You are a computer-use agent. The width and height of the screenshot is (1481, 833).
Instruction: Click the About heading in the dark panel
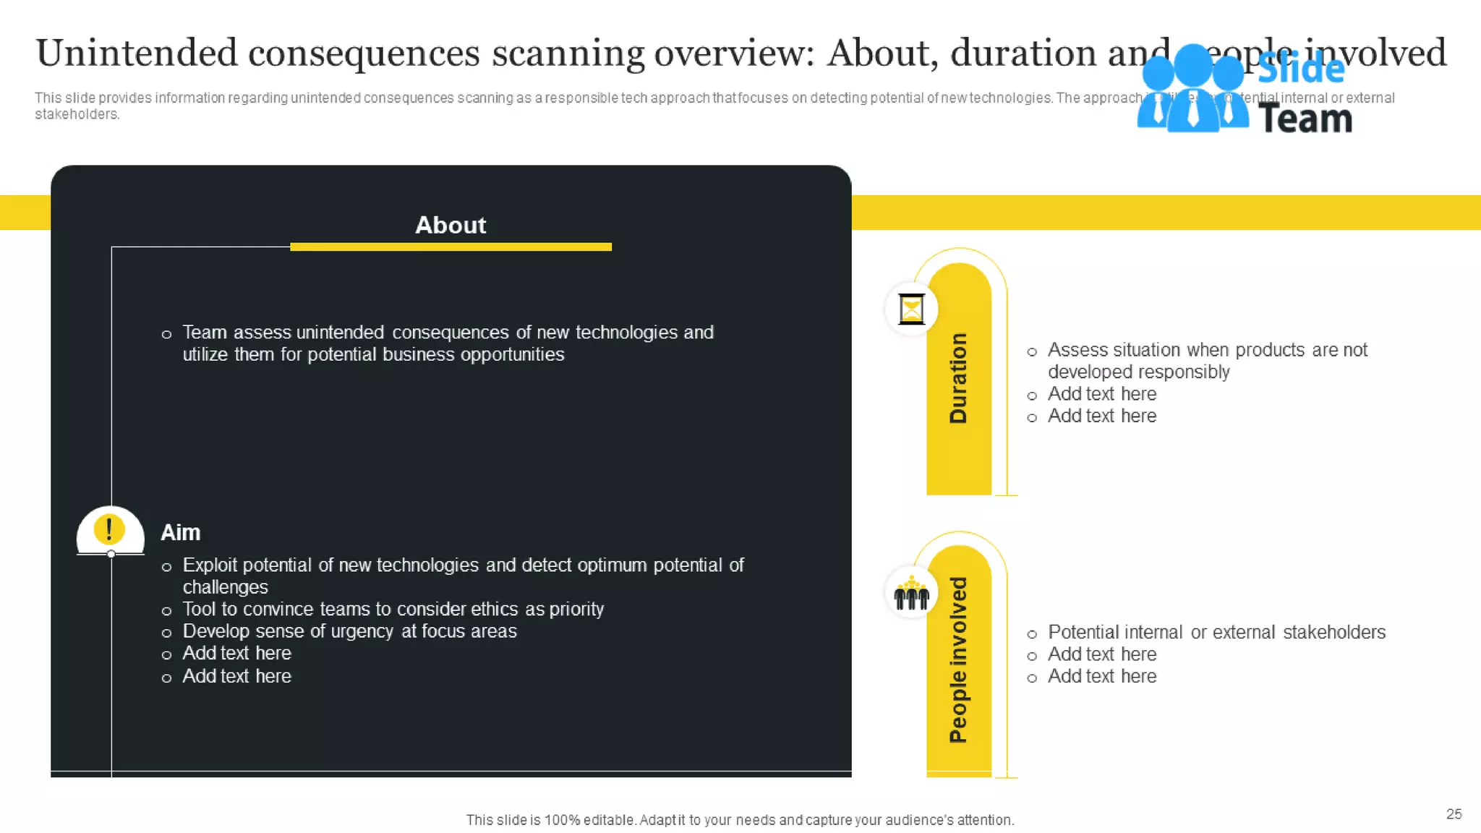450,225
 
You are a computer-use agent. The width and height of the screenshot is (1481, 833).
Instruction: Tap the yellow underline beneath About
451,247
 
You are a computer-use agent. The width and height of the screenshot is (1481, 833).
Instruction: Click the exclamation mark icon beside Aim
109,529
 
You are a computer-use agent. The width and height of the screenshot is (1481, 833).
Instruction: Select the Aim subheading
180,533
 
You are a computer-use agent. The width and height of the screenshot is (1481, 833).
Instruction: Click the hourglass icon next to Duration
911,309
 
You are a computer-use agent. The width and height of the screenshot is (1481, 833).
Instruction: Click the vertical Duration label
958,378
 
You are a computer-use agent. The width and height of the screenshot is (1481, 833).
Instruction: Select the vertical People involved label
958,659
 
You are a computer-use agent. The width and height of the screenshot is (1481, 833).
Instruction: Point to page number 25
1454,814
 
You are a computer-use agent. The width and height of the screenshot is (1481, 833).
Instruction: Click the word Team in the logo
1305,119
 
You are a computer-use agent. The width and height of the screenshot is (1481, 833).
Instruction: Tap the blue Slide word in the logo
1300,69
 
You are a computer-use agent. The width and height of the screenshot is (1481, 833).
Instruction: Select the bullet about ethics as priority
393,610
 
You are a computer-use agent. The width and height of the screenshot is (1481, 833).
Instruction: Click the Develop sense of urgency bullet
349,631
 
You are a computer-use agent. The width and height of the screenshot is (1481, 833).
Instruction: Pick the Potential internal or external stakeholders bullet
1216,633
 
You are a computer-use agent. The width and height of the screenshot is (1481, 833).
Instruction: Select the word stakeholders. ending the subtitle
77,114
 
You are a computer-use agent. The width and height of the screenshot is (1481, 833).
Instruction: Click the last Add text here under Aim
236,677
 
